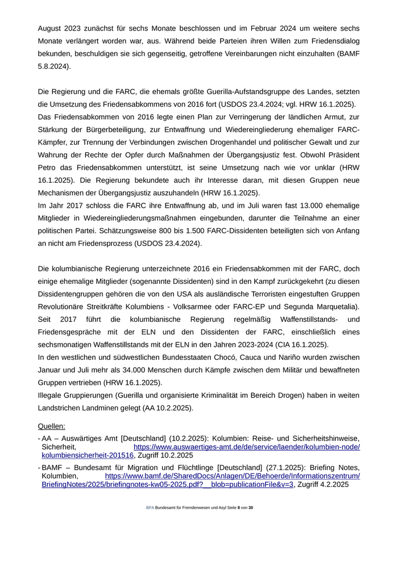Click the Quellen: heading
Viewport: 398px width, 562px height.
(51, 426)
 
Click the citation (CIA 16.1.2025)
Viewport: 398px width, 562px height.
(302, 345)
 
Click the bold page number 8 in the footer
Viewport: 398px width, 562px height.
(239, 508)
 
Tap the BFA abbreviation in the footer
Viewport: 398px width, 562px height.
(150, 508)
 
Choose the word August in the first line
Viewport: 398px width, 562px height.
(51, 28)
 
